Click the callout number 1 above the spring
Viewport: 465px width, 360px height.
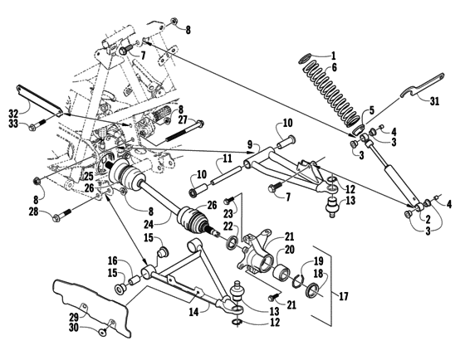[x=334, y=56]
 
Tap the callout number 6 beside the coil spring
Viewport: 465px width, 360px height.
[x=334, y=68]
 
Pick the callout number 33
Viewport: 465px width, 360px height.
[x=12, y=124]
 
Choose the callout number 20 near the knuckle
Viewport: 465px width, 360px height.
[x=290, y=248]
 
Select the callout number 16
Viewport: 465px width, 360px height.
[x=112, y=260]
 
